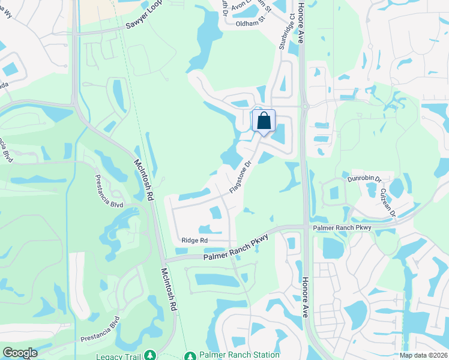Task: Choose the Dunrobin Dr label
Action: point(364,179)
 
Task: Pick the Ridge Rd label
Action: point(194,241)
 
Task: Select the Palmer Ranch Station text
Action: point(232,355)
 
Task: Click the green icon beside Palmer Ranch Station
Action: point(190,356)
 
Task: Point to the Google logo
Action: point(20,353)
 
